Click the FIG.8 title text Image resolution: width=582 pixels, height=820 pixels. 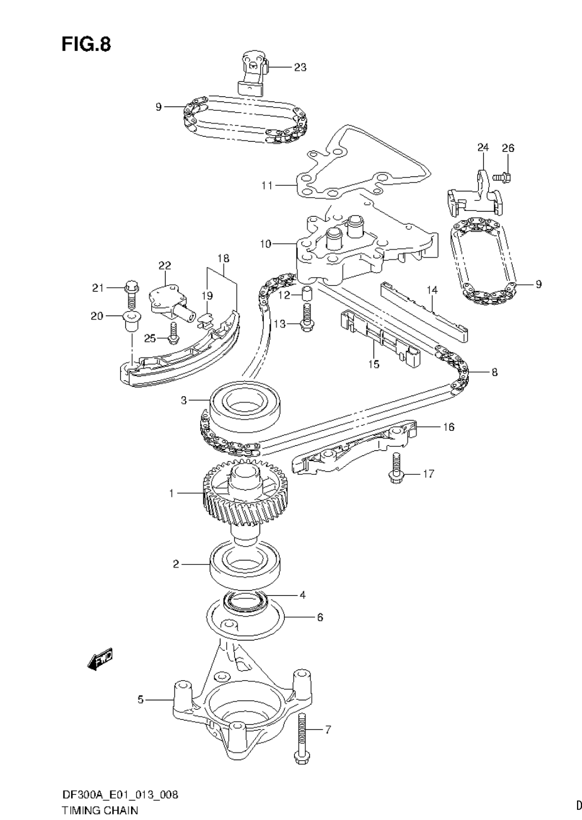[86, 44]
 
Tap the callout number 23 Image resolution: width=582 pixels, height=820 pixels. [300, 67]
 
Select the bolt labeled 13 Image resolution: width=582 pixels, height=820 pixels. [307, 317]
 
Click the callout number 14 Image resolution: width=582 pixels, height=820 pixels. [431, 290]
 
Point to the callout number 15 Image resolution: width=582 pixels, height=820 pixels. [374, 364]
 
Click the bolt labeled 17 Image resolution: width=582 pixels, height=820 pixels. [396, 469]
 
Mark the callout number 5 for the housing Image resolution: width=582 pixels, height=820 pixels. [141, 699]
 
